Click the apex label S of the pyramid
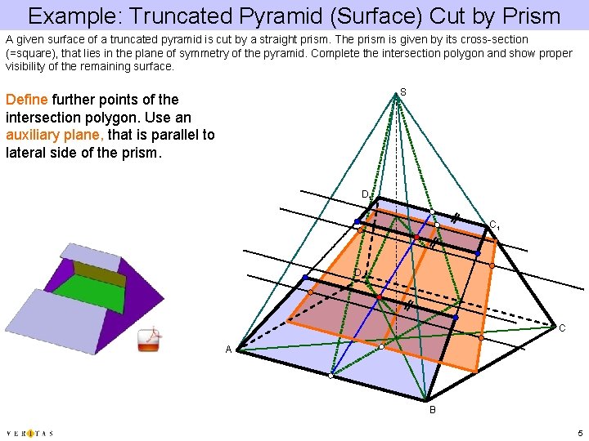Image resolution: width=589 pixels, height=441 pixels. pyautogui.click(x=403, y=92)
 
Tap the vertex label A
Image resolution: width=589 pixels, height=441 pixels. pyautogui.click(x=230, y=350)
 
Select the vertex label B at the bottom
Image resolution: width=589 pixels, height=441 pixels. pyautogui.click(x=433, y=408)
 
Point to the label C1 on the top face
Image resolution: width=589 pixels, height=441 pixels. pyautogui.click(x=494, y=225)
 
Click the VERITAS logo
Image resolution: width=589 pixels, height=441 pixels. pyautogui.click(x=29, y=433)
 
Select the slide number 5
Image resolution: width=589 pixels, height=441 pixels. pyautogui.click(x=579, y=433)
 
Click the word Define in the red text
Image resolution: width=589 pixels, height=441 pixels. pyautogui.click(x=26, y=100)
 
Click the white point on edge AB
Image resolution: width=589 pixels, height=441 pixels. pyautogui.click(x=331, y=376)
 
